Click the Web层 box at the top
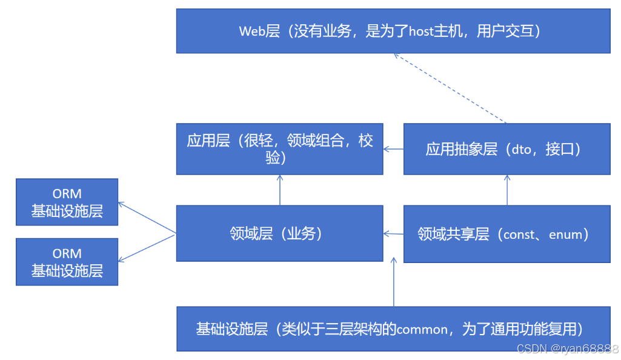point(393,31)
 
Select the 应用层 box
point(279,149)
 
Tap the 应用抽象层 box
point(506,149)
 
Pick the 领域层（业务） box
point(279,233)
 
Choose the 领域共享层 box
point(506,234)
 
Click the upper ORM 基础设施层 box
point(67,202)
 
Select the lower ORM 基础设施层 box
point(67,262)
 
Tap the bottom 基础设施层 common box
point(393,329)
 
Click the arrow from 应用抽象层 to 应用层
point(393,149)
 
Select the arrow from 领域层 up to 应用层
point(280,190)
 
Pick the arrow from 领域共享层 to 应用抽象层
point(507,190)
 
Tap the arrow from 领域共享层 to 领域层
point(393,233)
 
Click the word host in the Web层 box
point(422,31)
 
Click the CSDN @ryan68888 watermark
point(566,349)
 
